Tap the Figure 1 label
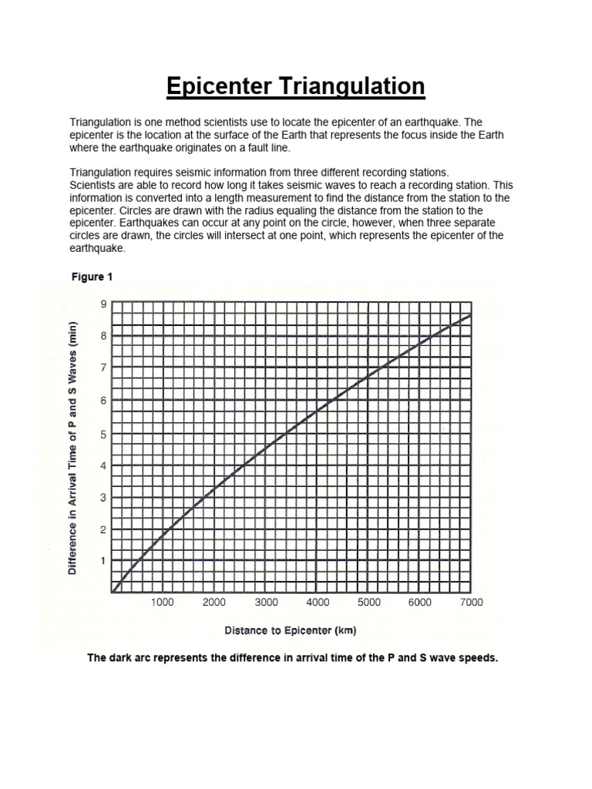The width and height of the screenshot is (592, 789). click(92, 276)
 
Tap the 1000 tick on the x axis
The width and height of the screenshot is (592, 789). click(163, 603)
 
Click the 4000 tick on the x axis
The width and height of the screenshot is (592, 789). click(317, 603)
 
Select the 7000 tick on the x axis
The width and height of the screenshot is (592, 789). click(471, 603)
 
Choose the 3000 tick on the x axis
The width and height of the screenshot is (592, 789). click(266, 603)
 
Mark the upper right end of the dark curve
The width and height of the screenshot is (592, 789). click(470, 315)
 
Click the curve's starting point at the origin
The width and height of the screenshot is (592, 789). click(113, 593)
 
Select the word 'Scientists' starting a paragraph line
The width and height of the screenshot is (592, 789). click(94, 186)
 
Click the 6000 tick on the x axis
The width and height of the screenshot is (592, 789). click(419, 603)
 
